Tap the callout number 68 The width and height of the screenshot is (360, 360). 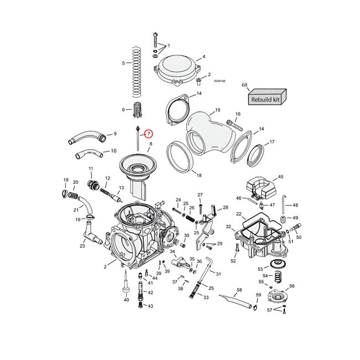click(244, 85)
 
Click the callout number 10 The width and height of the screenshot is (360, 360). click(114, 151)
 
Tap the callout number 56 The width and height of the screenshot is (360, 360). click(292, 286)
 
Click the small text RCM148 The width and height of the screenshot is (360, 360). click(218, 81)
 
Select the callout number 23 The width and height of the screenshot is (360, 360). click(82, 246)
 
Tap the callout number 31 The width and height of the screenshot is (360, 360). click(218, 274)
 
